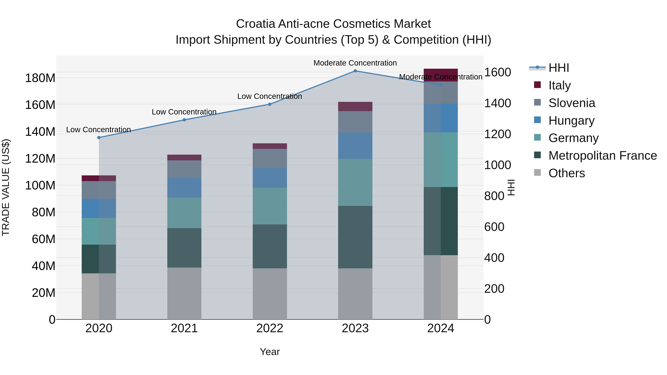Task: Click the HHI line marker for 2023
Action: click(355, 71)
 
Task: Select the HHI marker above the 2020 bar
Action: click(99, 138)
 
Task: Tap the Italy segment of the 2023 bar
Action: click(355, 106)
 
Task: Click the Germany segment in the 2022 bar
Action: click(270, 206)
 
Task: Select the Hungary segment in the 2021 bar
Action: click(184, 188)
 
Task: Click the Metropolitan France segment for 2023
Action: click(355, 237)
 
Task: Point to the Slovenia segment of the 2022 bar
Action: click(270, 158)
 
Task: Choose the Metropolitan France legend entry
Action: click(602, 156)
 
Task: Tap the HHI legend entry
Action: click(558, 68)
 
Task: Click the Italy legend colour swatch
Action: click(537, 85)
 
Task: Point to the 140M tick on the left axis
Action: click(40, 132)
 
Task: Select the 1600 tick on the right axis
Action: click(497, 72)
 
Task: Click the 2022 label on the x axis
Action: click(270, 328)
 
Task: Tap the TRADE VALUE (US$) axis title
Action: click(6, 187)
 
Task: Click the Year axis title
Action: click(270, 352)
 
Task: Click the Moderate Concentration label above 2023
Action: click(355, 63)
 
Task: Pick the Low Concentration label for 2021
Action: click(184, 112)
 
